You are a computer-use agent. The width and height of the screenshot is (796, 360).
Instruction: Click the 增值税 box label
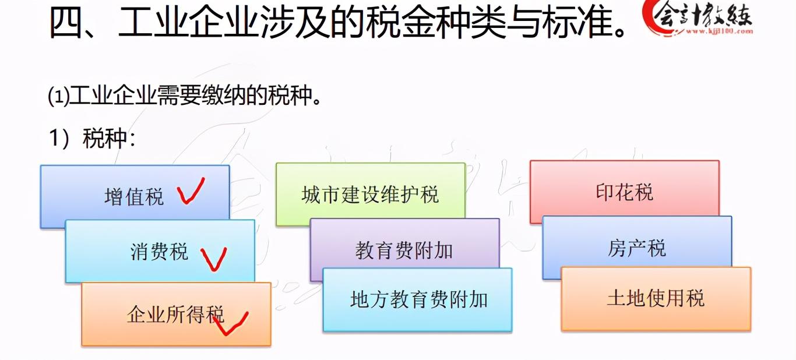134,196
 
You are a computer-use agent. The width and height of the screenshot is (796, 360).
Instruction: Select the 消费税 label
159,252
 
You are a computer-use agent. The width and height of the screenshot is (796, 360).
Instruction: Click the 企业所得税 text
175,314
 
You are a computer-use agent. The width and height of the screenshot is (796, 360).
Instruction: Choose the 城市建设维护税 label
370,195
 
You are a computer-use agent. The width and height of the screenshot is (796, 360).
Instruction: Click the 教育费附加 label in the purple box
404,250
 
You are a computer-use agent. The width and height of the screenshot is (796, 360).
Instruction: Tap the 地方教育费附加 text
419,299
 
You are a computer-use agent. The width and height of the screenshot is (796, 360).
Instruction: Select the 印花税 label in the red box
624,192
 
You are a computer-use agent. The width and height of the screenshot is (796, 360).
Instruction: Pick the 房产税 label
637,248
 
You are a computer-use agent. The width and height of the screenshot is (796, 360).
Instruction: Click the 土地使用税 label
656,298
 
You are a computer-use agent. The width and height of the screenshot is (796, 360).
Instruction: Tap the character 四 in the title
66,22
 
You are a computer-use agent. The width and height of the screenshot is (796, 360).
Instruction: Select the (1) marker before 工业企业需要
58,96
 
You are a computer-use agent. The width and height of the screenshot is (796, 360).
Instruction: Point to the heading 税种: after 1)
109,138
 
